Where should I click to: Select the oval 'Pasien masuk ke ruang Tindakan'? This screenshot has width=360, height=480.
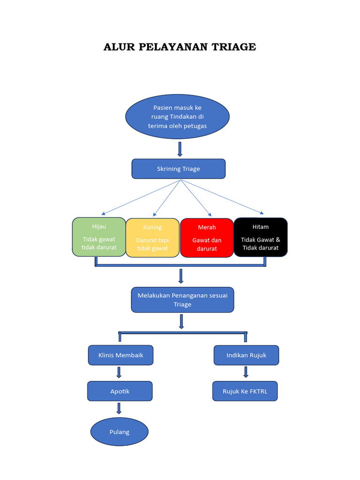click(177, 117)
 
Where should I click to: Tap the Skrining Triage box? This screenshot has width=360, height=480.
click(178, 169)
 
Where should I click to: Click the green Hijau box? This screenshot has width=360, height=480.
click(99, 237)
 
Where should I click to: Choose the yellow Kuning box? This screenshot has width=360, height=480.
click(152, 238)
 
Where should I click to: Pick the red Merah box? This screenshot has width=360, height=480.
click(207, 238)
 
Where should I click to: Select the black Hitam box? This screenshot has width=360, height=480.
click(261, 237)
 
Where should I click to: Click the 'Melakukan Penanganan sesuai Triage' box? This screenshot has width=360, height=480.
click(182, 300)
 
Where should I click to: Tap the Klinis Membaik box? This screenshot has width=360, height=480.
click(120, 355)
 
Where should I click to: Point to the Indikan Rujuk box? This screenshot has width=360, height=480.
click(246, 355)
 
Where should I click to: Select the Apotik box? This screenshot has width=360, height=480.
click(120, 391)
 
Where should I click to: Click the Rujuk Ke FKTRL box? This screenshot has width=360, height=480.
click(245, 391)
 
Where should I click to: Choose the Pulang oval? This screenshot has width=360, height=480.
click(119, 432)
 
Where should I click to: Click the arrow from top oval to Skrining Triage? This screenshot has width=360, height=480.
click(180, 149)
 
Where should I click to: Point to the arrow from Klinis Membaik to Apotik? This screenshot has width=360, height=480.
click(119, 372)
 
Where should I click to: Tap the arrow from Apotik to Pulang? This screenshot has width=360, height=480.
click(119, 408)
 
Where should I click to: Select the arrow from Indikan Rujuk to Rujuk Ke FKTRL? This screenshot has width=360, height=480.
click(246, 372)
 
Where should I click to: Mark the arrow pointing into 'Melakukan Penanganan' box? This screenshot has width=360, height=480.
click(181, 276)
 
